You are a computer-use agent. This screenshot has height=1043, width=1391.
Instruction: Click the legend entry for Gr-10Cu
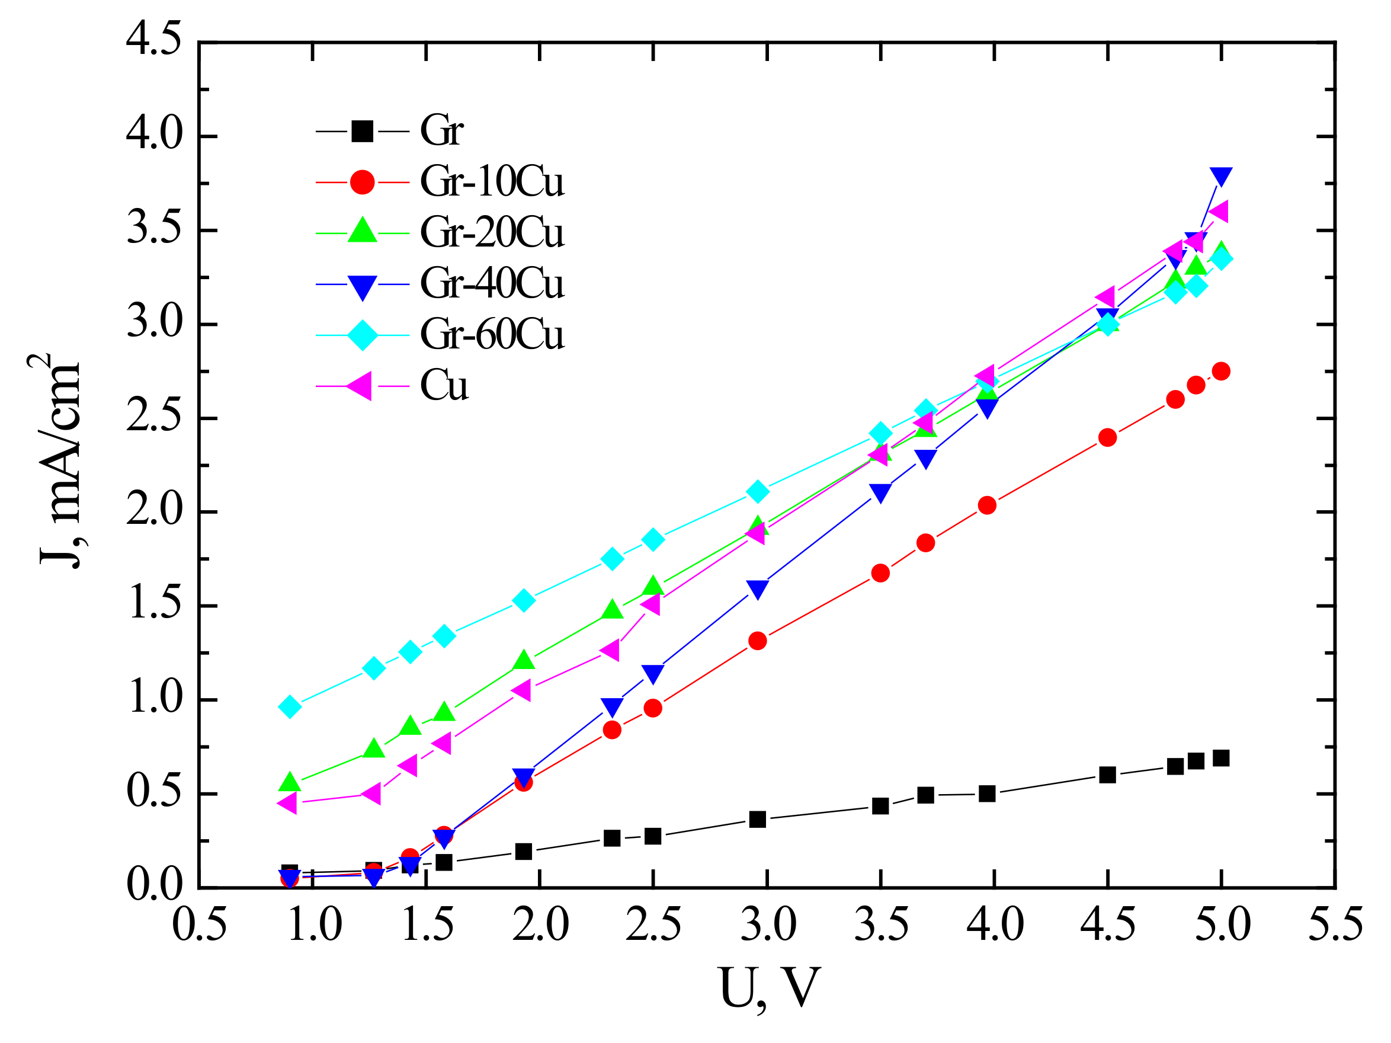[492, 182]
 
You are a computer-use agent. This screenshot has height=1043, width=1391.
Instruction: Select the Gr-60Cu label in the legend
[492, 334]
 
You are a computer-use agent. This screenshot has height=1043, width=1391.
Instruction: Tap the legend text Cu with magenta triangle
[444, 385]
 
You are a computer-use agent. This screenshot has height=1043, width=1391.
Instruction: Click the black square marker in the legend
[362, 132]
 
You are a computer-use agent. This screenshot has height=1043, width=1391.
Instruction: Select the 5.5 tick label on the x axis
[1334, 924]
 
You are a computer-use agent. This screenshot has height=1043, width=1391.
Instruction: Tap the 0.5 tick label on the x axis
[199, 924]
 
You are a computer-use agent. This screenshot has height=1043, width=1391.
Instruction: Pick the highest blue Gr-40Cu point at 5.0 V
[1220, 177]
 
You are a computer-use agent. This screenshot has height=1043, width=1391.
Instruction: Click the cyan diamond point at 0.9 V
[289, 707]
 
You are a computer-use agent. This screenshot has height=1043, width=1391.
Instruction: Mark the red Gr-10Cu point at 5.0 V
[1220, 371]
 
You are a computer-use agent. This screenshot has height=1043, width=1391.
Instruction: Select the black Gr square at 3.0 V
[757, 820]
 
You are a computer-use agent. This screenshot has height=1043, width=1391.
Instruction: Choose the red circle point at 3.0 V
[757, 641]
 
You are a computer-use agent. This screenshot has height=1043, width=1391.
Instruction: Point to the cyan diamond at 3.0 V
[758, 491]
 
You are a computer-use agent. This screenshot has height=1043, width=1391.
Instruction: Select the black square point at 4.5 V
[1107, 775]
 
